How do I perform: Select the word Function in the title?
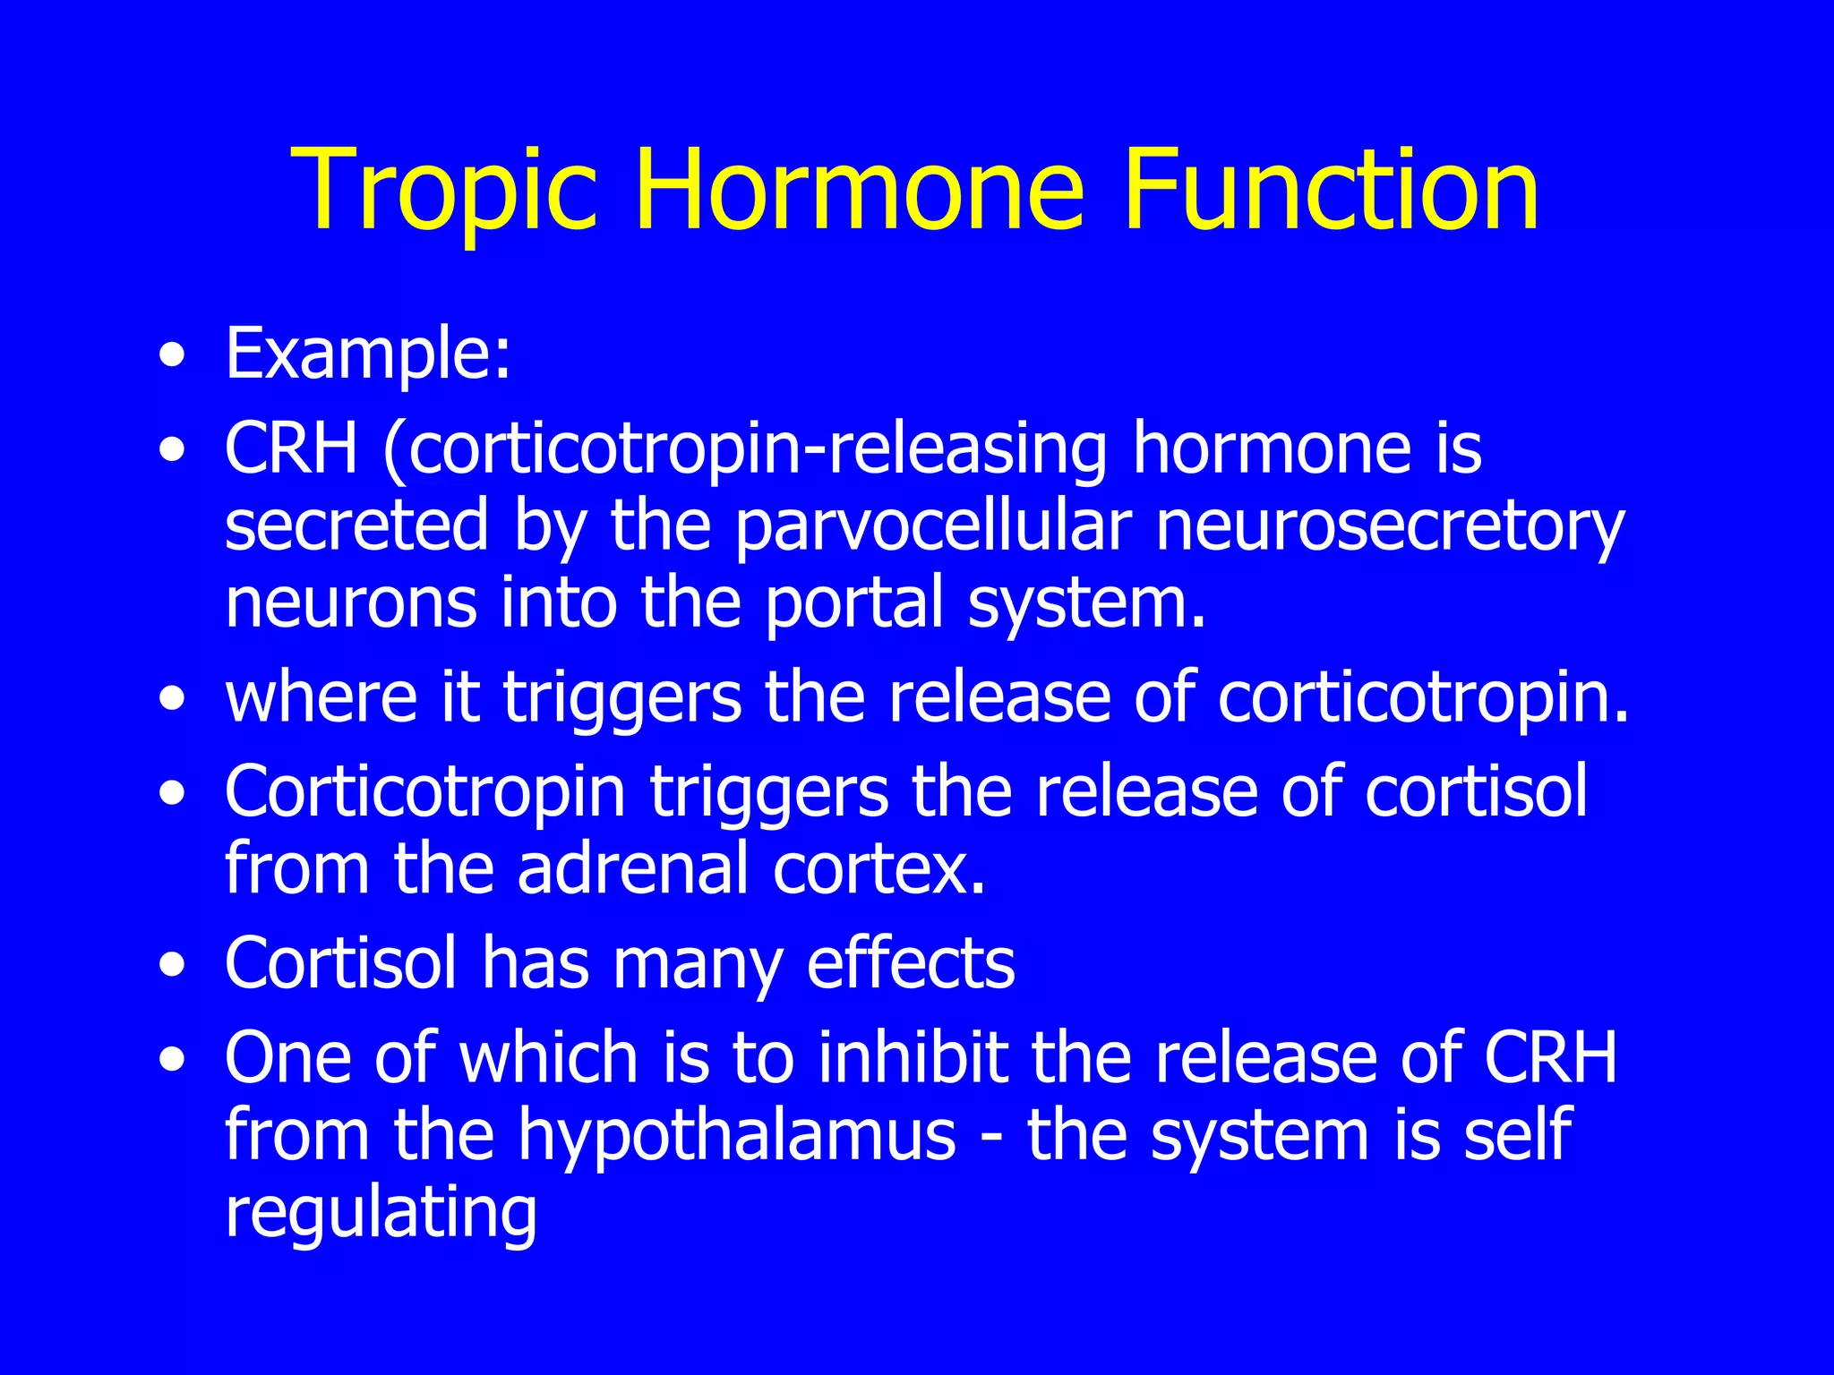[x=1331, y=192]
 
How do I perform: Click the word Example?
[x=368, y=354]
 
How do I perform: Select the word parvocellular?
[x=932, y=526]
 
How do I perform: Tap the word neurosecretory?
[x=1389, y=526]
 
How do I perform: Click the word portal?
[x=854, y=602]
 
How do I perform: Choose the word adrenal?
[x=632, y=868]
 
